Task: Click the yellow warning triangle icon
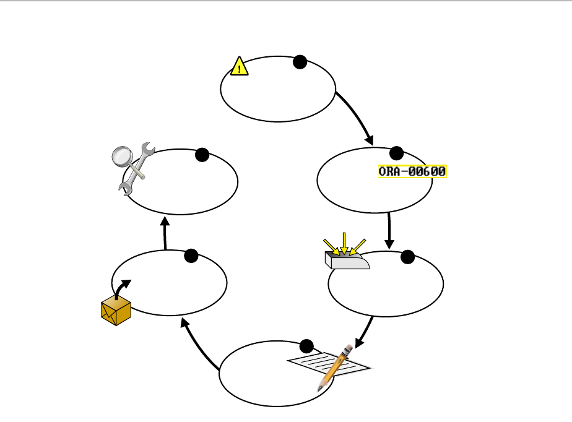coord(240,66)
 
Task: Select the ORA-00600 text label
coord(412,171)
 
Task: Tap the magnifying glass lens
coord(123,157)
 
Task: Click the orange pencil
coord(334,368)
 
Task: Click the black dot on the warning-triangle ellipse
coord(300,61)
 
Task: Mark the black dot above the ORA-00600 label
coord(396,153)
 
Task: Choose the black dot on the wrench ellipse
coord(202,156)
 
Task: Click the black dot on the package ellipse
coord(191,256)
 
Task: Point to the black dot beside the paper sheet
coord(306,347)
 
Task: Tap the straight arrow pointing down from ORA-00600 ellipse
coord(389,230)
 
